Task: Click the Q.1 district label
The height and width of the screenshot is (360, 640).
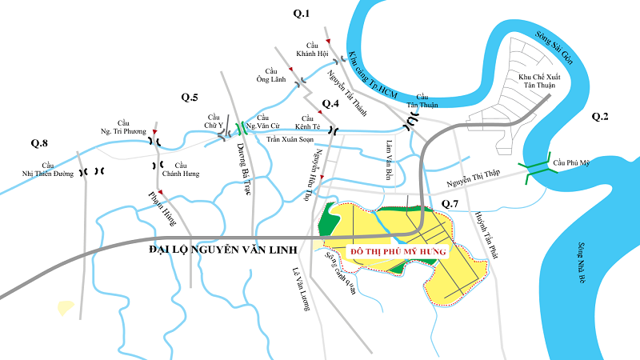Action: pos(302,12)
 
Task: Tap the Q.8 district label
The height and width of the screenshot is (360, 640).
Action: pos(40,143)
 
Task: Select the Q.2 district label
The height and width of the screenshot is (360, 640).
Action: pos(600,117)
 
